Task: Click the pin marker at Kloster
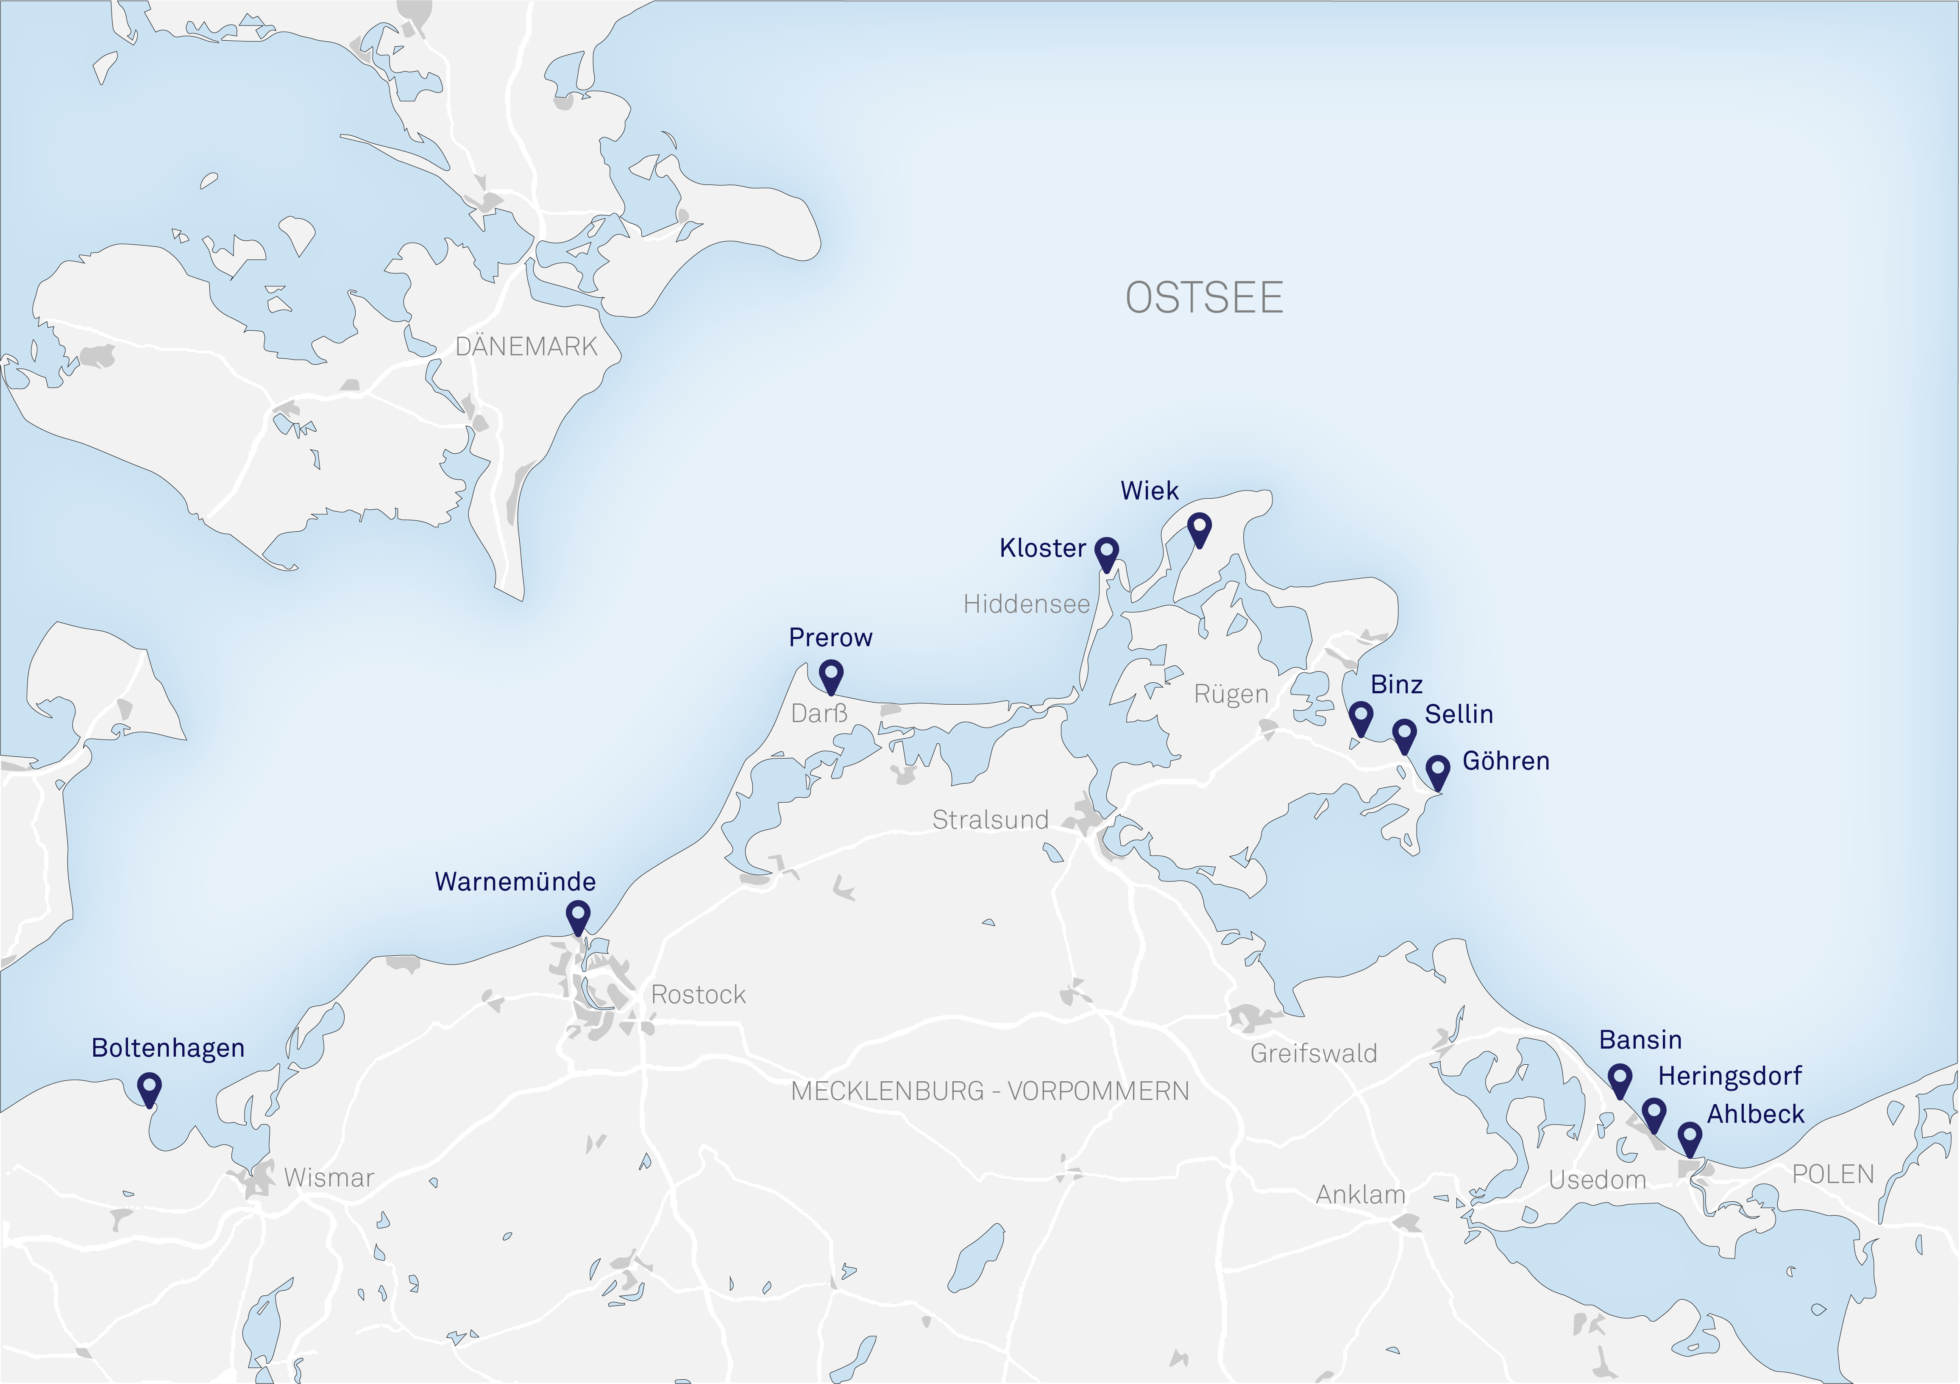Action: pyautogui.click(x=1106, y=552)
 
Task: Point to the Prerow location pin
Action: pyautogui.click(x=831, y=675)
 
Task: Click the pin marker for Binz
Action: pyautogui.click(x=1361, y=716)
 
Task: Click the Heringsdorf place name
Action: pyautogui.click(x=1729, y=1076)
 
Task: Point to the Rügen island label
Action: pyautogui.click(x=1231, y=694)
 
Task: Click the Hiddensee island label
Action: pyautogui.click(x=1026, y=605)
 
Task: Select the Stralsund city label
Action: pyautogui.click(x=990, y=820)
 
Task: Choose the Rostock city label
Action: pyautogui.click(x=698, y=995)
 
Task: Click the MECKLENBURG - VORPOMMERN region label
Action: pyautogui.click(x=989, y=1091)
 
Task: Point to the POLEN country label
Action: pyautogui.click(x=1833, y=1175)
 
